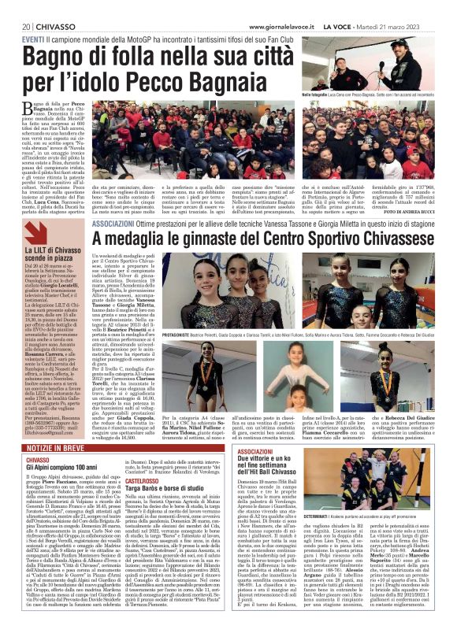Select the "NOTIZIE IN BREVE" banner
(46, 447)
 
